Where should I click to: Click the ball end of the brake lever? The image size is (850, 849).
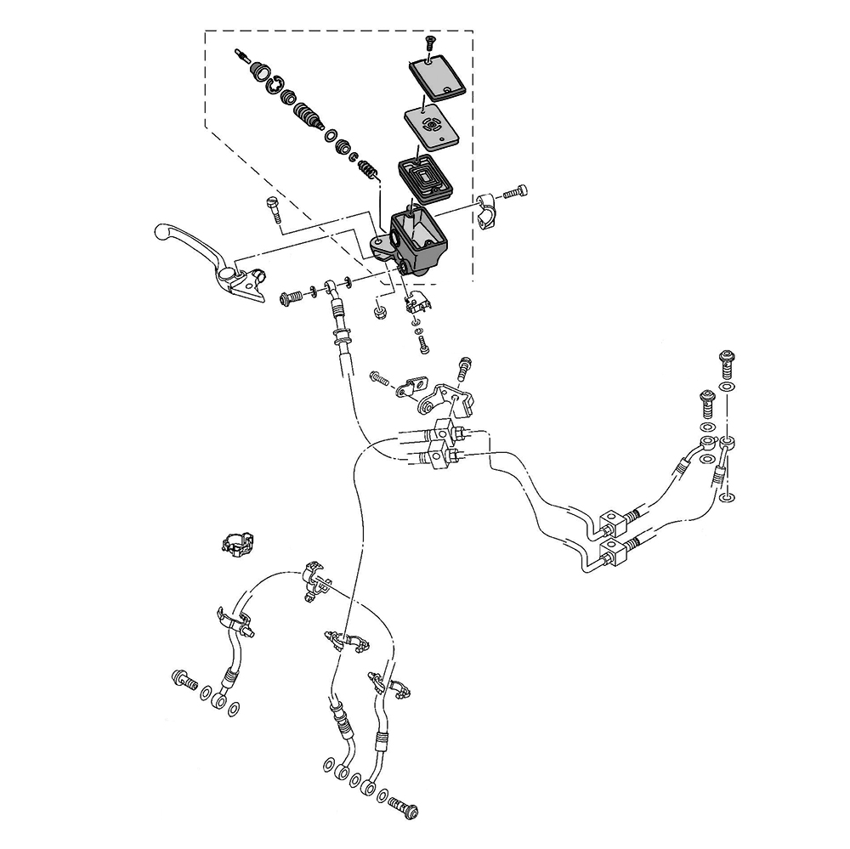click(161, 230)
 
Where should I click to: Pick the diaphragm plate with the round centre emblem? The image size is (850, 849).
click(429, 126)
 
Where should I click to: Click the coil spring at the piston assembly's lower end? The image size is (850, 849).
click(366, 167)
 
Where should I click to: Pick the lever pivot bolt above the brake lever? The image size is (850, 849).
click(271, 207)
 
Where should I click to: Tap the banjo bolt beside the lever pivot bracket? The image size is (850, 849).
click(291, 297)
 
